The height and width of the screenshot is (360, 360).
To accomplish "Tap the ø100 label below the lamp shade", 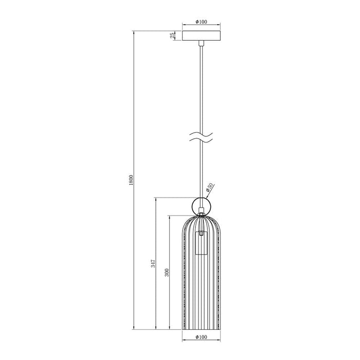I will point(202,337).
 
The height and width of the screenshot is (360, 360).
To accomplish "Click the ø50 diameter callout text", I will point(209,188).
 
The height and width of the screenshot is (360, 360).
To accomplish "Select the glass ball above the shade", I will point(201,206).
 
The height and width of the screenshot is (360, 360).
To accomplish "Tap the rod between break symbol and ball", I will point(202,170).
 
